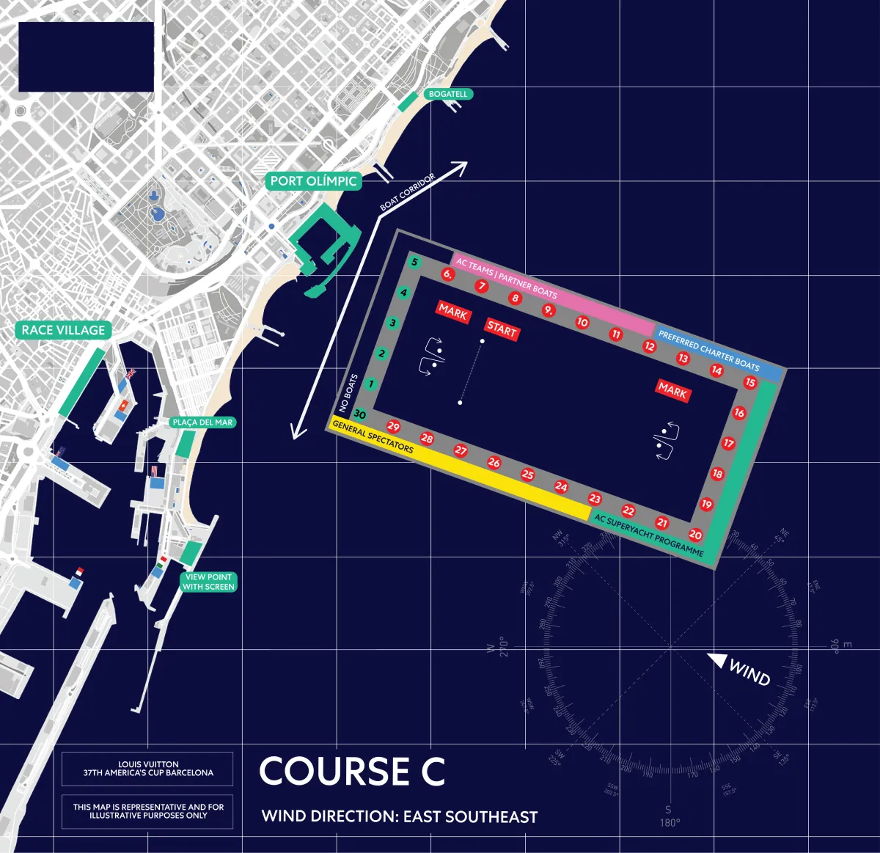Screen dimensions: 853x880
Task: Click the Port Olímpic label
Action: (313, 181)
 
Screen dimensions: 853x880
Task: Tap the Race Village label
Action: (64, 330)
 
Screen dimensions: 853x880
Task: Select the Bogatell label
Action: (448, 94)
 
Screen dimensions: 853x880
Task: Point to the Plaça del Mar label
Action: (202, 422)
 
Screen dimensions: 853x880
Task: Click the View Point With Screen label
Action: (208, 582)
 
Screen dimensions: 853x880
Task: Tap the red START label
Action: (502, 329)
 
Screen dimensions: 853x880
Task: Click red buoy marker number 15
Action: (750, 382)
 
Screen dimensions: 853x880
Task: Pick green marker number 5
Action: (414, 263)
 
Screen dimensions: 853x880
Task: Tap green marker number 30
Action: (359, 414)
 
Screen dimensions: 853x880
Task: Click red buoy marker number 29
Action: (394, 427)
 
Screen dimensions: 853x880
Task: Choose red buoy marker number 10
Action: (582, 322)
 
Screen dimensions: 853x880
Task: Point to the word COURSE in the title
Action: (334, 772)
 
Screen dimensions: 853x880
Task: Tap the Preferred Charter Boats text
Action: (708, 351)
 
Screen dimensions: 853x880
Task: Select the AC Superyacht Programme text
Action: (649, 535)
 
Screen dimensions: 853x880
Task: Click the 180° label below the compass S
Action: (670, 822)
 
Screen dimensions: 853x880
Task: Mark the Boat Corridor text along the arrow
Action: (408, 192)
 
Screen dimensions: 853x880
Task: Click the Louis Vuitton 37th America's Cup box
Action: (147, 769)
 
